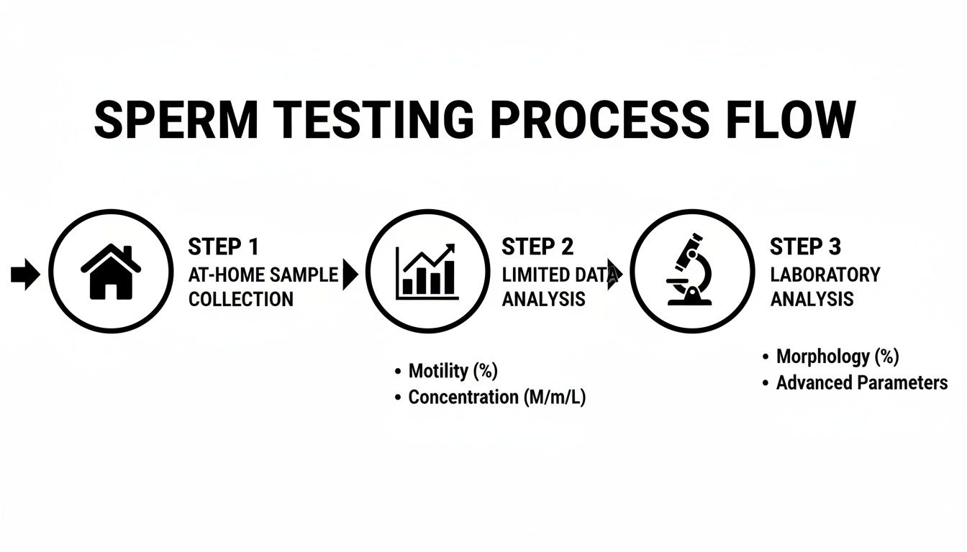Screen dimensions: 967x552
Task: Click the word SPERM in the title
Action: coord(176,120)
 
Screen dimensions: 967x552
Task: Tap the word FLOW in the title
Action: coord(791,120)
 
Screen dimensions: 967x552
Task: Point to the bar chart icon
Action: coord(427,272)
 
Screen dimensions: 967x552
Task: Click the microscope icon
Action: coord(689,270)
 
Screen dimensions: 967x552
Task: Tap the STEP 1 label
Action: coord(223,247)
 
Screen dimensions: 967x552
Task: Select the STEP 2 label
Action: coord(537,247)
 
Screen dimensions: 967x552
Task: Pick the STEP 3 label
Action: coord(806,247)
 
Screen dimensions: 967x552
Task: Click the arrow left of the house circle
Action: coord(25,275)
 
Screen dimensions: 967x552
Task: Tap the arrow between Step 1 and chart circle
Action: coord(350,275)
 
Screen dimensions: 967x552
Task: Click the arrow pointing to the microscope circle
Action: coord(614,275)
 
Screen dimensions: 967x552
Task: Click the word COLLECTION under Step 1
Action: coord(241,299)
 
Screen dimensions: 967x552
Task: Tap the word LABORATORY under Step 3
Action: coord(825,275)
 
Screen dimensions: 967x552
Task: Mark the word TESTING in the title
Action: coord(373,120)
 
